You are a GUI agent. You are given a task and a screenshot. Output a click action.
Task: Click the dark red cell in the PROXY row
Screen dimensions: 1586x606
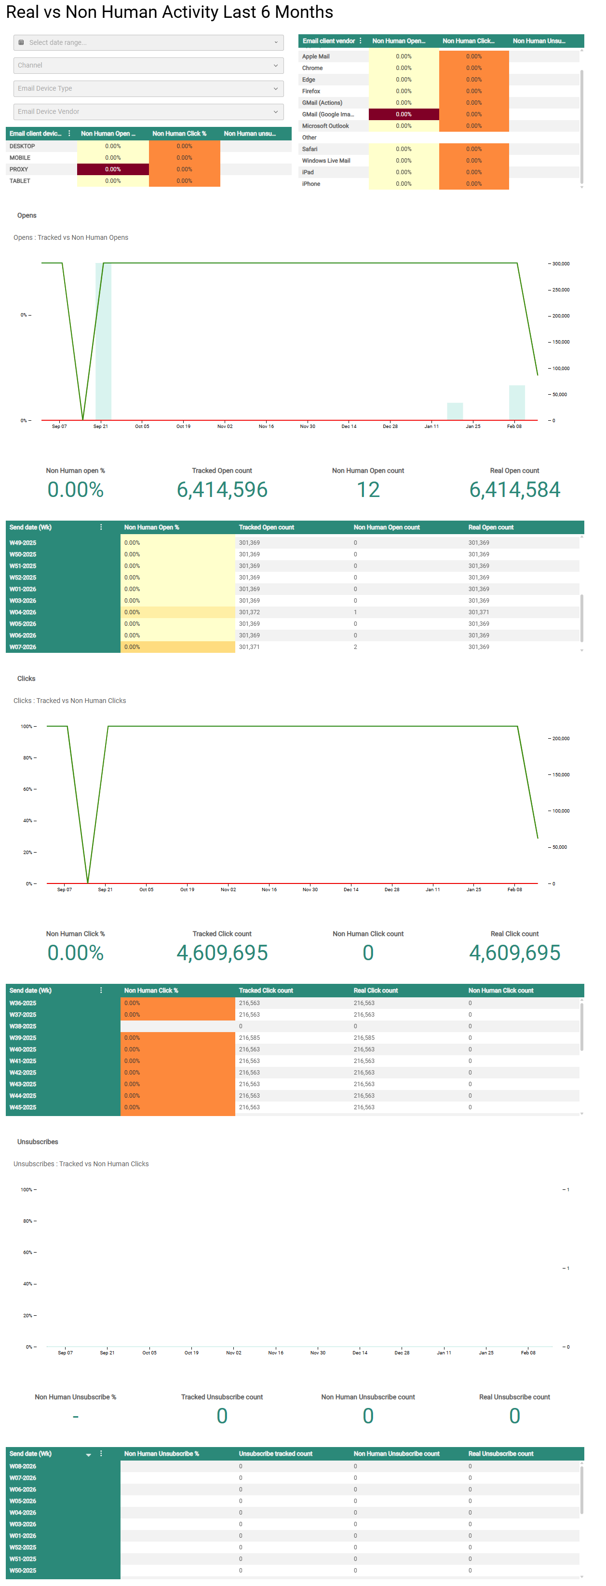click(113, 169)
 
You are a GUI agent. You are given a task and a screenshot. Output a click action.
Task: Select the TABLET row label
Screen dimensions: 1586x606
click(20, 181)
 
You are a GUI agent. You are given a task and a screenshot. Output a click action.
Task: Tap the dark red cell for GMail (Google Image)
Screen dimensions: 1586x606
click(404, 114)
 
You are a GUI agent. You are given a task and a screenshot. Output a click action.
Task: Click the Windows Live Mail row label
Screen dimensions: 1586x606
click(326, 161)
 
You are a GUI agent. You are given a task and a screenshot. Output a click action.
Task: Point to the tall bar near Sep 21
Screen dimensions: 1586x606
click(103, 342)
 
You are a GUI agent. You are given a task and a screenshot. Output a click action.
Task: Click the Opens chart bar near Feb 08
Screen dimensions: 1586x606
click(517, 402)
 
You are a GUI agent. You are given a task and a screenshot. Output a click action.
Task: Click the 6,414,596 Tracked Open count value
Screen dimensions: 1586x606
click(222, 490)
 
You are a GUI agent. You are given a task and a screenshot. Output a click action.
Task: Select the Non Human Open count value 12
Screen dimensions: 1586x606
click(368, 490)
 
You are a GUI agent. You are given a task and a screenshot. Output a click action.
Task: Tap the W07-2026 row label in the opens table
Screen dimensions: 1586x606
click(23, 647)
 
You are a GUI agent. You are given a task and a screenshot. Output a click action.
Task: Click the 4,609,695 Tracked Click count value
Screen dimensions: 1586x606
click(222, 953)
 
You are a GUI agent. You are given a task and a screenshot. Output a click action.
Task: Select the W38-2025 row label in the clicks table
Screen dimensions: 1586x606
click(23, 1026)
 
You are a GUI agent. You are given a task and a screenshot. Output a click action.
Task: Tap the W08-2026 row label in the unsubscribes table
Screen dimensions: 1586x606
click(23, 1466)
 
